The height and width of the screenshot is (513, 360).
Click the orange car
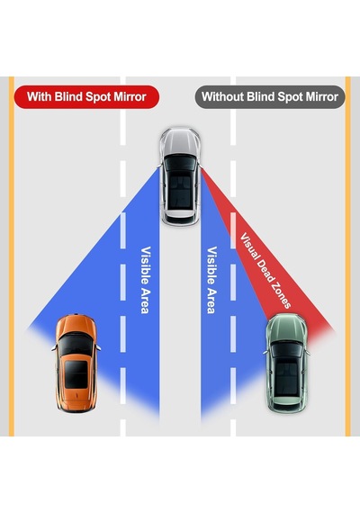[76, 363]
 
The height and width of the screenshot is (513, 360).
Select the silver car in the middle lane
[180, 176]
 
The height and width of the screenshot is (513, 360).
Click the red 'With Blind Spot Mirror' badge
[86, 97]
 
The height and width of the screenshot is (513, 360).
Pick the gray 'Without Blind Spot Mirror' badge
[270, 97]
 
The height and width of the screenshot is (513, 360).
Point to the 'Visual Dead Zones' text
[265, 271]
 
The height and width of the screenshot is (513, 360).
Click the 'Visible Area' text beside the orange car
[146, 280]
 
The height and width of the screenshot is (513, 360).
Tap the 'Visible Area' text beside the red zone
[212, 280]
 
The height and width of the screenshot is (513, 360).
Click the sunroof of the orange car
[76, 374]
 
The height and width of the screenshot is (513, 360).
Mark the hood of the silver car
[180, 141]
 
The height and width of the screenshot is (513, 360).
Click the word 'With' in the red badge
[39, 97]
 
